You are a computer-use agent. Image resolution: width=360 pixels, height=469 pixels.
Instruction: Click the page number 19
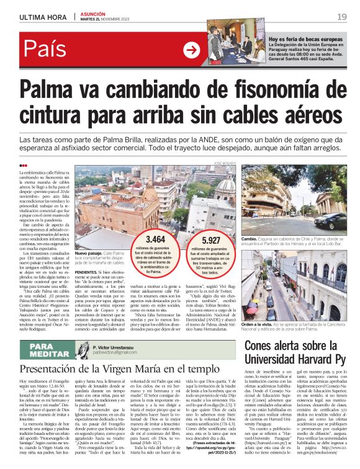[x=342, y=16]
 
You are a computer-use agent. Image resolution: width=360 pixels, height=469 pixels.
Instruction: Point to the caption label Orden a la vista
[x=259, y=326]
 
